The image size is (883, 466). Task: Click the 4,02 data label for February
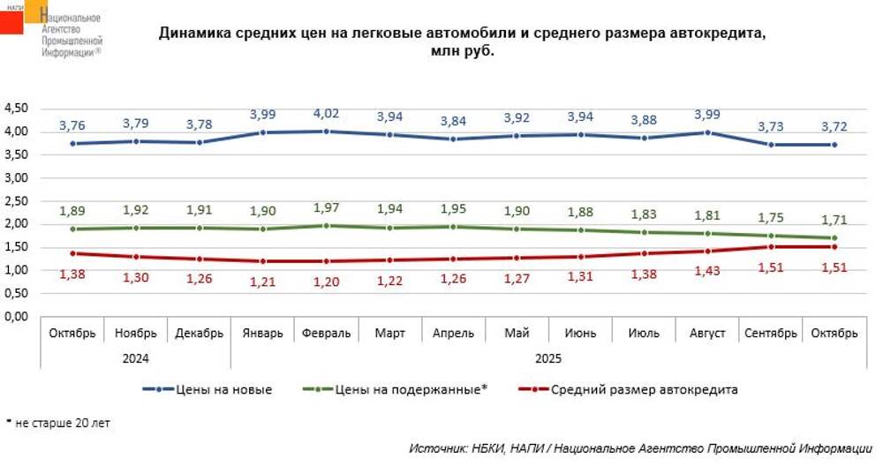click(x=325, y=113)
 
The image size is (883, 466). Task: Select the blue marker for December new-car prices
click(x=200, y=142)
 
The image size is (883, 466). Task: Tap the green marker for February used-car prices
click(x=326, y=226)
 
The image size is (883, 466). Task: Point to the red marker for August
click(x=707, y=251)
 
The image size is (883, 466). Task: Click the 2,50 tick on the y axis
click(x=18, y=200)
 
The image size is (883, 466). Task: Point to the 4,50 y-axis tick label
click(x=18, y=109)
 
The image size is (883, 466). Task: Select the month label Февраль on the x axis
click(x=326, y=334)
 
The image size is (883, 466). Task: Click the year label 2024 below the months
click(x=136, y=358)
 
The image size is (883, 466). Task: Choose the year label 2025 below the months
click(x=548, y=358)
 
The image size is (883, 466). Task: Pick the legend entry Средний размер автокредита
click(x=644, y=389)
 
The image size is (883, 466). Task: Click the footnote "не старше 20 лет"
click(x=63, y=423)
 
